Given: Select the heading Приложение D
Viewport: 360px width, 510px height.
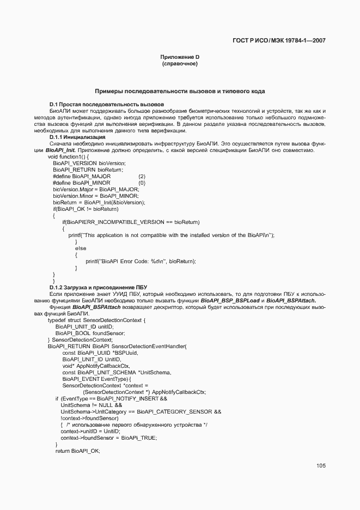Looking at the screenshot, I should (180, 57).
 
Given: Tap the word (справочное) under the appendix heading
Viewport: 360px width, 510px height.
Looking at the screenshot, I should (180, 64).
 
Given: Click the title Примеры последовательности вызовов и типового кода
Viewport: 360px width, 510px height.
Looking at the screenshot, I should (180, 92).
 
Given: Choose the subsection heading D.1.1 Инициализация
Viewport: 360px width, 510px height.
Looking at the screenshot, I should (77, 137).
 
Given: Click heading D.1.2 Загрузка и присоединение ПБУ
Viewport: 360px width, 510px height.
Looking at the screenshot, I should (98, 287).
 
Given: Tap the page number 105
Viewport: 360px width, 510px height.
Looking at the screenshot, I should (320, 465).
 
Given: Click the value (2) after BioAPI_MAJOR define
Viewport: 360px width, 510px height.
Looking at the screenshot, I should (142, 177).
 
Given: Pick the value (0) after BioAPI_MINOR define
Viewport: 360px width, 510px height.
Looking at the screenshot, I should (142, 183).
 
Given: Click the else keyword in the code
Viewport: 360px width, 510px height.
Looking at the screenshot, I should (81, 248).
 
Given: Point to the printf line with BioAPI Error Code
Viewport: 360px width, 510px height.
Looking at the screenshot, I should (141, 262).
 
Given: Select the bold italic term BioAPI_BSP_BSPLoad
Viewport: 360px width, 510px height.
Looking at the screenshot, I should (228, 300).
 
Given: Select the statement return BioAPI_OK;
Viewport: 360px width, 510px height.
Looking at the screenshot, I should (78, 451).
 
